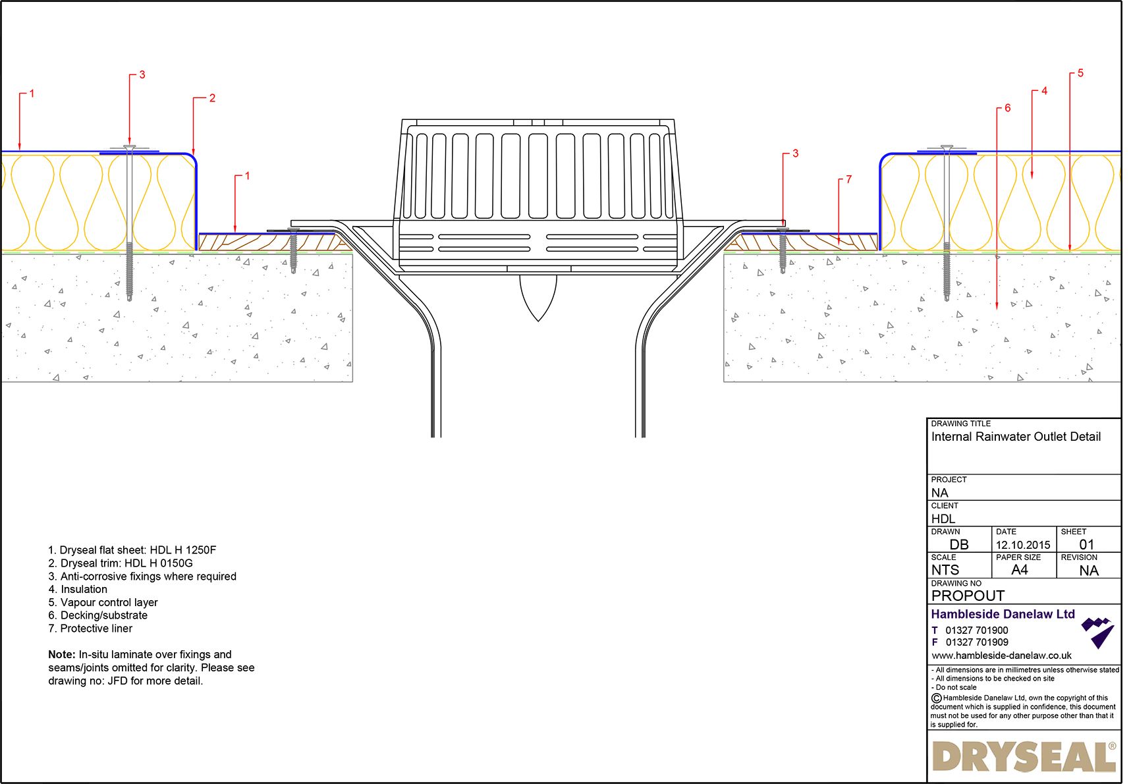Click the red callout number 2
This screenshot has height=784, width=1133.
[212, 98]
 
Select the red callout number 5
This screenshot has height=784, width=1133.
[1080, 73]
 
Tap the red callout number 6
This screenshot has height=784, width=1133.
[1007, 108]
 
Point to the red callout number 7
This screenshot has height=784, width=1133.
[848, 179]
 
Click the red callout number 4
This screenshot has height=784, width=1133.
[1044, 91]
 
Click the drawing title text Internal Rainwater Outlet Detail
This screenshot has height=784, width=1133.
[1015, 437]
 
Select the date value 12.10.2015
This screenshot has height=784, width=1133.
[1022, 545]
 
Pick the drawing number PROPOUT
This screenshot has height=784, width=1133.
[967, 596]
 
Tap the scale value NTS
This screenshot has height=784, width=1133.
[945, 570]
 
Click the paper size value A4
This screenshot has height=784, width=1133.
[1019, 570]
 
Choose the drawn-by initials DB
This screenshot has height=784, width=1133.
[958, 545]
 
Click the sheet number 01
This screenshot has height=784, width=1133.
[1086, 545]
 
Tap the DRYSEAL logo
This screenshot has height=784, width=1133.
[1023, 756]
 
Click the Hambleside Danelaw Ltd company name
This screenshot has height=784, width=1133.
[1002, 614]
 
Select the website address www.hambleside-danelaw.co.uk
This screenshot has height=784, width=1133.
[1001, 656]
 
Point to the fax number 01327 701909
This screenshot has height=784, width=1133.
[976, 642]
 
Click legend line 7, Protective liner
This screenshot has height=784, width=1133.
[90, 629]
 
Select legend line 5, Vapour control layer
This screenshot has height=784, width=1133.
[103, 602]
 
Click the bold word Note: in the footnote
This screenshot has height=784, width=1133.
[62, 655]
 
